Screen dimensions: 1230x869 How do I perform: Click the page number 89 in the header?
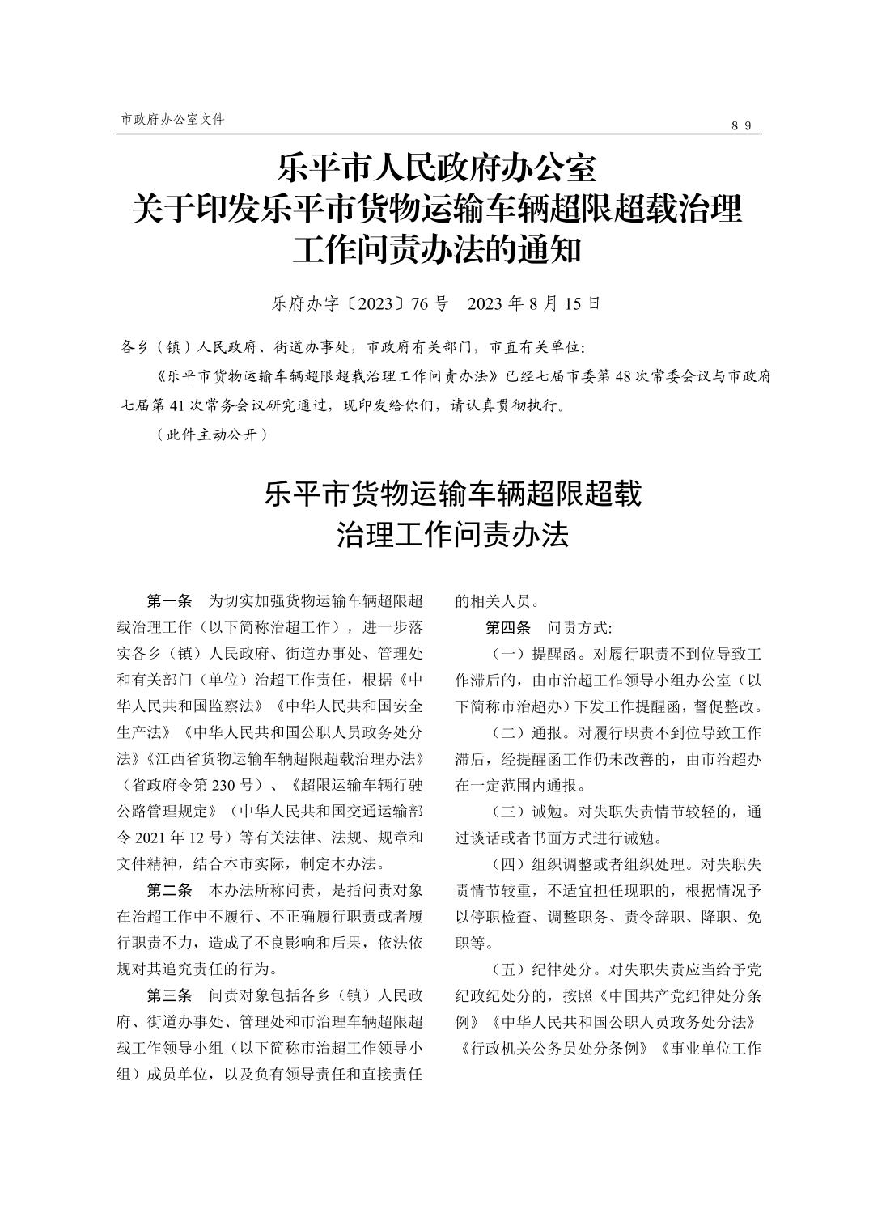742,125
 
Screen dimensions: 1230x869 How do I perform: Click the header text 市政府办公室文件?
172,119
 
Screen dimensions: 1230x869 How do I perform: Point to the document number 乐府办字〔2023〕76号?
360,304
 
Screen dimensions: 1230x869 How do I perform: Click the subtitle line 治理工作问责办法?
452,535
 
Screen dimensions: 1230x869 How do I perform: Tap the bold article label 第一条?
169,601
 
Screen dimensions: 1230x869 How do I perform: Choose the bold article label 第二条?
169,891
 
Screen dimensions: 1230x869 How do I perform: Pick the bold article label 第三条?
169,995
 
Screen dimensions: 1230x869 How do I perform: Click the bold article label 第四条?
507,627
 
